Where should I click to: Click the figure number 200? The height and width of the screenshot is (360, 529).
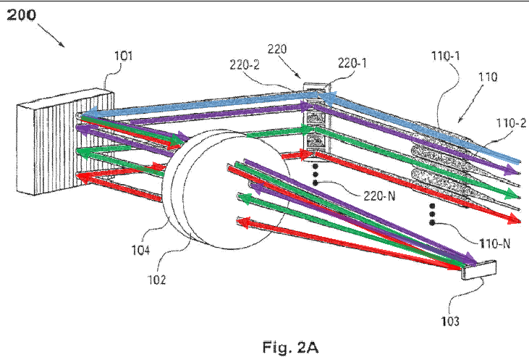tap(21, 15)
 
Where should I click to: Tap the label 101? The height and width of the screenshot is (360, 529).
tap(123, 56)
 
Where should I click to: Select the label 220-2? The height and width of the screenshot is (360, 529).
tap(245, 64)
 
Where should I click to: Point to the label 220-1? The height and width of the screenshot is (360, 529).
tap(352, 63)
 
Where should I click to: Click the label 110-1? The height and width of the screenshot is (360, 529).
tap(446, 56)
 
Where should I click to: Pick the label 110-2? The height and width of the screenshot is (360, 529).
tap(511, 123)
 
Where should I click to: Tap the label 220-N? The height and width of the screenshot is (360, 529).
tap(379, 196)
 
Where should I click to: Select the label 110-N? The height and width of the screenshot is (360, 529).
tap(494, 243)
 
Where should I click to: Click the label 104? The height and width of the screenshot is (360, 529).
tap(140, 250)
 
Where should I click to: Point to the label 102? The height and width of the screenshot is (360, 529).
tap(156, 280)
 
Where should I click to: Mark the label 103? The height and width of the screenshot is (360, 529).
tap(450, 321)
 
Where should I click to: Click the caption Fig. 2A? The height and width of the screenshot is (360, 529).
tap(290, 347)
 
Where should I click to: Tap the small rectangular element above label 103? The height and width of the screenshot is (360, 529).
tap(479, 270)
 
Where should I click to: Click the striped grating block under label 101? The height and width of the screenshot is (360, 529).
tap(65, 142)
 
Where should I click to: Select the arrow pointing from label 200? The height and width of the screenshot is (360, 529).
tap(51, 35)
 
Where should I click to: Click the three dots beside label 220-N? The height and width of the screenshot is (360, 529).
tap(315, 175)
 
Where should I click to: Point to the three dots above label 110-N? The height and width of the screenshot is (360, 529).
tap(432, 214)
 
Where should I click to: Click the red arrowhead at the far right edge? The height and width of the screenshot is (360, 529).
tap(514, 219)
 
